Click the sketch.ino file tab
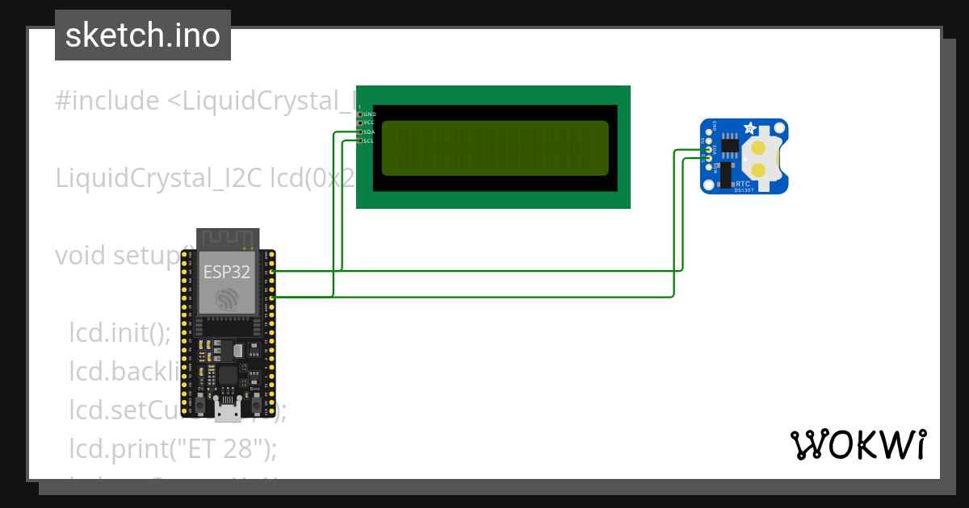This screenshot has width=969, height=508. (x=143, y=35)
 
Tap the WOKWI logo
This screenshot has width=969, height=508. (x=857, y=444)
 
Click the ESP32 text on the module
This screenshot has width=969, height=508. (x=226, y=272)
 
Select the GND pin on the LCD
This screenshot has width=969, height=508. (x=360, y=115)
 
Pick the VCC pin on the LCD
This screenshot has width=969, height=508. (x=360, y=123)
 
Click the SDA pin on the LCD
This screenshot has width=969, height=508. (x=360, y=131)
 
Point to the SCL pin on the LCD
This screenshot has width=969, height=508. (x=360, y=140)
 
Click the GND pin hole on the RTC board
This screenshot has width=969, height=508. (x=709, y=131)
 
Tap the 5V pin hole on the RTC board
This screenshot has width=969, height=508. (x=709, y=140)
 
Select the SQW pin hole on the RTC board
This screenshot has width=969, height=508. (x=709, y=168)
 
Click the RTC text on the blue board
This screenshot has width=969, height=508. (x=743, y=184)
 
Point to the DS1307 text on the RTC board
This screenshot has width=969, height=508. (x=744, y=190)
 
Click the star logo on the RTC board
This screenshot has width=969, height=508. (x=750, y=127)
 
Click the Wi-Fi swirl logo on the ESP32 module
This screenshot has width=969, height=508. (x=226, y=299)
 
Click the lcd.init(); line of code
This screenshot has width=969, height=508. (x=120, y=332)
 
